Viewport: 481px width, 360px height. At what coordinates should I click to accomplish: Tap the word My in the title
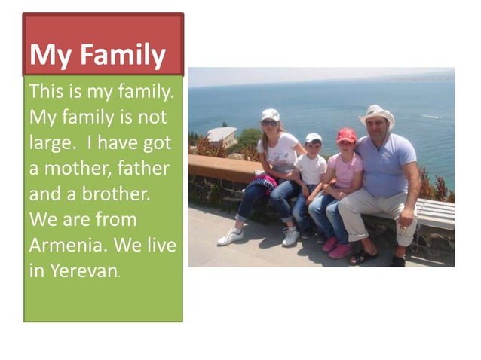coord(50,55)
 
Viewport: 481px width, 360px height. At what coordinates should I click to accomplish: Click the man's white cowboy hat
coord(377,114)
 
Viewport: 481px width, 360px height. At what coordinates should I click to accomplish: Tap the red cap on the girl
coord(346,135)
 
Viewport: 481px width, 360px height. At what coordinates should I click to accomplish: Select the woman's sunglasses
coord(269,123)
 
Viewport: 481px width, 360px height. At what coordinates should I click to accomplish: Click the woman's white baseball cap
coord(270,114)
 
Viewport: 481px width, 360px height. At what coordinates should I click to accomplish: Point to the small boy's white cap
coord(314,138)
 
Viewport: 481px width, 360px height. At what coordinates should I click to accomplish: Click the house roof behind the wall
coord(222,133)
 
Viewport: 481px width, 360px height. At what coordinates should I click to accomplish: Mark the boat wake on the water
coord(431,117)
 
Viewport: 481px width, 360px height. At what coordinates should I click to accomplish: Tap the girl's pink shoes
coord(335,248)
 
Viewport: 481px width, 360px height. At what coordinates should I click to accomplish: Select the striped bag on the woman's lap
coord(263,182)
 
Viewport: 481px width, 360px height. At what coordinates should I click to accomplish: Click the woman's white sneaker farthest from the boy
coord(230,237)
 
